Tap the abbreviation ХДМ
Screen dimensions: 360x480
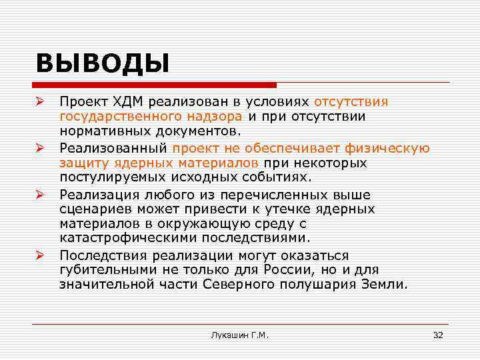[128, 102]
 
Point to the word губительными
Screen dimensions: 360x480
[105, 270]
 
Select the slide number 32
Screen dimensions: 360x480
[437, 335]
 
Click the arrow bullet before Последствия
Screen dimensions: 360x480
[41, 255]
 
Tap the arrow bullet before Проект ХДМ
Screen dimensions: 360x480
[41, 101]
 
